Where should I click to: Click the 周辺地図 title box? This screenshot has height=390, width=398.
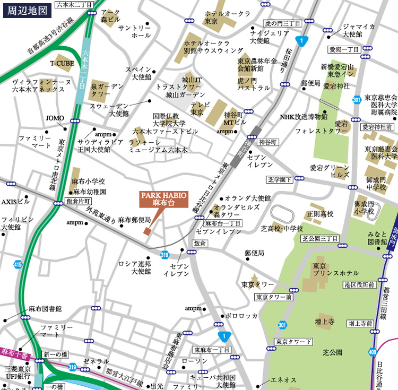click(x=27, y=10)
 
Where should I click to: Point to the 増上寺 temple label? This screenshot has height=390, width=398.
click(x=324, y=322)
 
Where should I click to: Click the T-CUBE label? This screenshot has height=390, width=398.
click(x=62, y=63)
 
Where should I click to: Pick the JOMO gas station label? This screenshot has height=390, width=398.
click(x=55, y=118)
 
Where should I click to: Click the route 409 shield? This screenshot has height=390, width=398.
click(x=374, y=351)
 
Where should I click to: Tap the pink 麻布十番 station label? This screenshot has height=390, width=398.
click(x=15, y=352)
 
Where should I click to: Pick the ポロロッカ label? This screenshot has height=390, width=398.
click(x=241, y=316)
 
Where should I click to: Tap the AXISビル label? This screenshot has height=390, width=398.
click(x=15, y=202)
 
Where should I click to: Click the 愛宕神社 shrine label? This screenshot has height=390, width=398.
click(x=337, y=85)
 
